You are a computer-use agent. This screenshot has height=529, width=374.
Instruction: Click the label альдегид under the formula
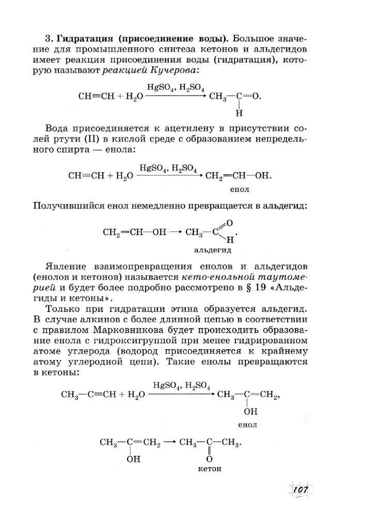pos(212,251)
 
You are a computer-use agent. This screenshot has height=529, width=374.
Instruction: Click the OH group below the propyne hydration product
pos(250,412)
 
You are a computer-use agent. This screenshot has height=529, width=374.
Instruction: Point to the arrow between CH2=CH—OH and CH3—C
pos(176,232)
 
